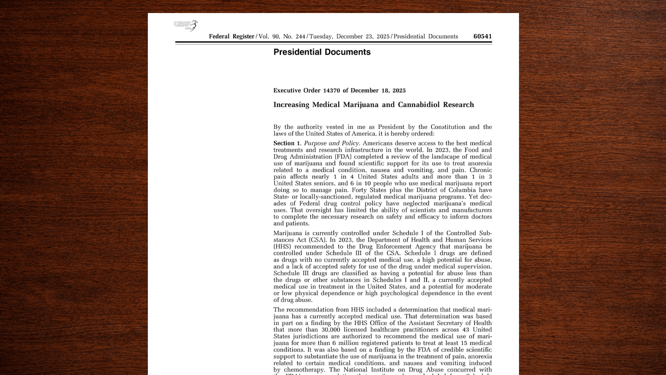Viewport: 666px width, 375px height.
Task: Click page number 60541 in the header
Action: [x=483, y=36]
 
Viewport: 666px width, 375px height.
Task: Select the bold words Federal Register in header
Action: [x=232, y=36]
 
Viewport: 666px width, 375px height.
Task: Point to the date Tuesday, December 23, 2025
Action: [x=349, y=36]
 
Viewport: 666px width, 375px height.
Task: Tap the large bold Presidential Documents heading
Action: [x=322, y=52]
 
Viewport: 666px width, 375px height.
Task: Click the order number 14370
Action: [x=331, y=91]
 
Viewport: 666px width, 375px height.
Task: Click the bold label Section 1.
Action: [x=287, y=143]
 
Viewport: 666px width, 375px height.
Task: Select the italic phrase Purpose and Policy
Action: [x=331, y=143]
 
